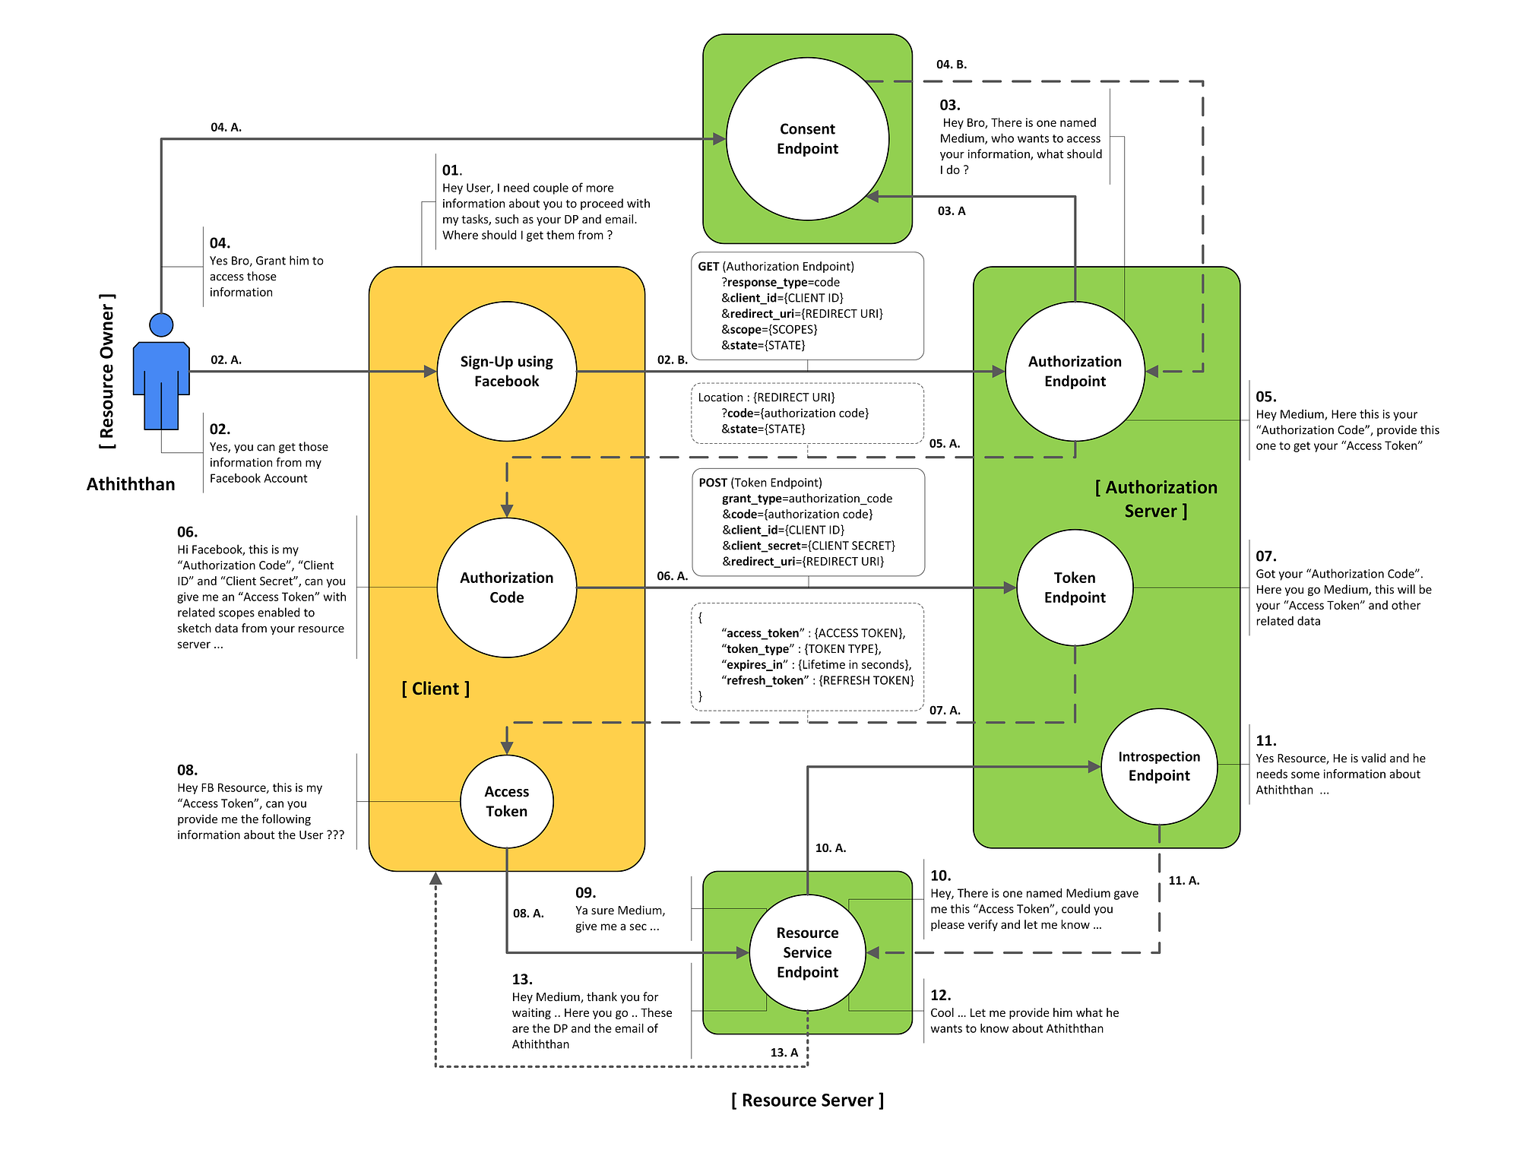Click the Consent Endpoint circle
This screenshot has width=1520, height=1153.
(807, 139)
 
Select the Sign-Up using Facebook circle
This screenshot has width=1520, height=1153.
(506, 371)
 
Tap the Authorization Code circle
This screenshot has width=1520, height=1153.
(506, 587)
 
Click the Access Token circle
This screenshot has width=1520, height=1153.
(506, 801)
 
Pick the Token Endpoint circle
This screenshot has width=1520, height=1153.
(1074, 587)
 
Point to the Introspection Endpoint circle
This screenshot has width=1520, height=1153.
(1158, 766)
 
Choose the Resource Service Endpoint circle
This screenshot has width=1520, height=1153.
(807, 952)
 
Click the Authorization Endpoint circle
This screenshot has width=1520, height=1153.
(1074, 371)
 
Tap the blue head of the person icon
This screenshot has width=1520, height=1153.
(161, 325)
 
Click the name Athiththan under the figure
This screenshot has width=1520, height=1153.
(131, 484)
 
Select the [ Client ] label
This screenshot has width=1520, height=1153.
(435, 689)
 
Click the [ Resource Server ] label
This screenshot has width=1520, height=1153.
(807, 1100)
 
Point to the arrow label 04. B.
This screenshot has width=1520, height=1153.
(951, 65)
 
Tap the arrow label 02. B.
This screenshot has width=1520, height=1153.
(672, 360)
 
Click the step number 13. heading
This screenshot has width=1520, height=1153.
(522, 979)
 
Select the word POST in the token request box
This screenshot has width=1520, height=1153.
(713, 483)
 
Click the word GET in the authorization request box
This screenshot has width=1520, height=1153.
(708, 267)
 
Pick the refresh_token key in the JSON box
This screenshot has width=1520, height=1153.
(765, 680)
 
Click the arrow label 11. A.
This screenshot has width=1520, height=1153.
(1183, 880)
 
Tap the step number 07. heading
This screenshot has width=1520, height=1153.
(1265, 556)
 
